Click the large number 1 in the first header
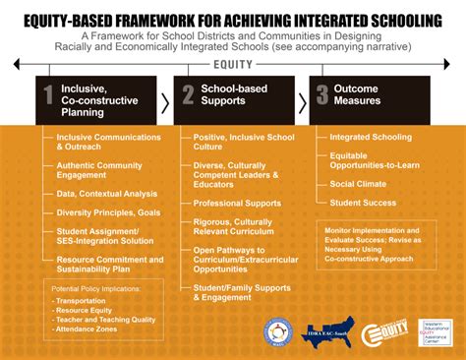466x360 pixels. (48, 96)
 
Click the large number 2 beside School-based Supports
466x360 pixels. (188, 96)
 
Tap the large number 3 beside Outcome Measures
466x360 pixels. (321, 96)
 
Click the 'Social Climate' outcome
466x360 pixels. (359, 184)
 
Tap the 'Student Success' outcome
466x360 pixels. (363, 204)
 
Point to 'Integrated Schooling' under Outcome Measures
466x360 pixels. (372, 137)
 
